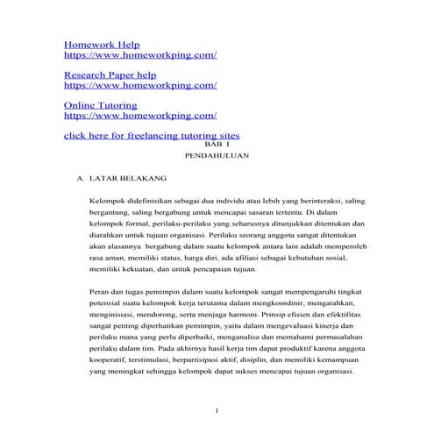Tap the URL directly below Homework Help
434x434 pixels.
tap(140, 54)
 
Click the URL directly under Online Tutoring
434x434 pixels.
tap(140, 115)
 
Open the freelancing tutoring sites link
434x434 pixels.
tap(153, 136)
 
